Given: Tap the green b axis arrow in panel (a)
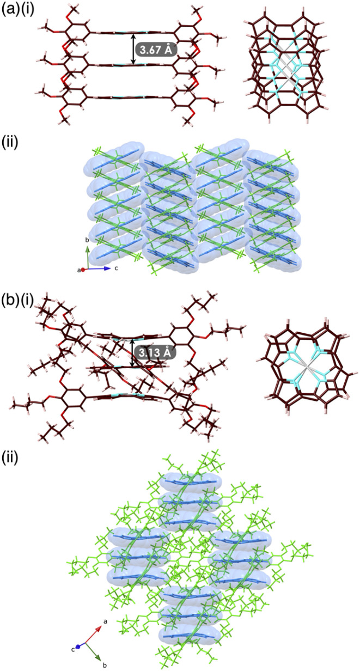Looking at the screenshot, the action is (x=88, y=258).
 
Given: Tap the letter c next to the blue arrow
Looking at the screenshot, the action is (x=115, y=269).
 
